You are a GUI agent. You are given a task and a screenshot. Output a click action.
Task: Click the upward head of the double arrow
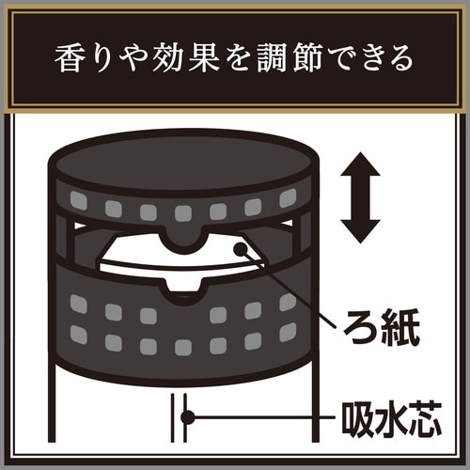tap(361, 167)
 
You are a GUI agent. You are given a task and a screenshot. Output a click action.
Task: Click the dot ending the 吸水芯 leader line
tap(187, 415)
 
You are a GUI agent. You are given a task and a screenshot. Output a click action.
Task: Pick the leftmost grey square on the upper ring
tap(79, 200)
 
